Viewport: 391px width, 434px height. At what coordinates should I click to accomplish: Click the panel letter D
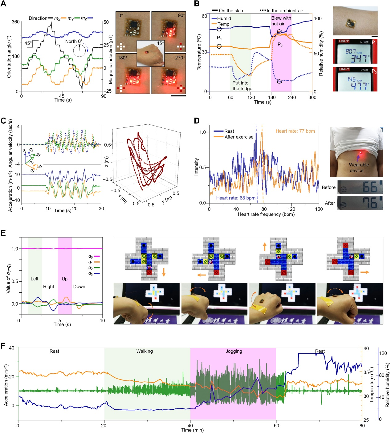click(197, 120)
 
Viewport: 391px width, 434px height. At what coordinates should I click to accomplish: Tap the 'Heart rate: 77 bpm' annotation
click(295, 131)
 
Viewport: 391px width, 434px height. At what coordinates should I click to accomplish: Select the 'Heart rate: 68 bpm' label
click(236, 198)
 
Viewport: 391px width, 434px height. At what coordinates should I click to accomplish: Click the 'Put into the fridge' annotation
click(242, 86)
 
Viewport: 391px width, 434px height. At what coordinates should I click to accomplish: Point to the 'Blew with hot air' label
click(281, 21)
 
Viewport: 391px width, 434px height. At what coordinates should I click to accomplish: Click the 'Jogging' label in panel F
click(234, 351)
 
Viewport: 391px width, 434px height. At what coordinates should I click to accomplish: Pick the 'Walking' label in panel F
click(145, 351)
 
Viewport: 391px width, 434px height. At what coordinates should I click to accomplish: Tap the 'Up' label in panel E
click(64, 279)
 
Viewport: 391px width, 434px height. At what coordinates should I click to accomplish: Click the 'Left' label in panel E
click(35, 279)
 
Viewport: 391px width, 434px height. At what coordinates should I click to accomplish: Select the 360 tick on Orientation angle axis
click(16, 22)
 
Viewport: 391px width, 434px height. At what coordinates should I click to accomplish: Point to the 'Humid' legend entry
click(224, 18)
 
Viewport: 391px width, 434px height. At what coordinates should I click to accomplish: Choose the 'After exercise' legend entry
click(239, 137)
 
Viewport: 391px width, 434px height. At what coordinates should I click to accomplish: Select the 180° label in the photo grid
click(122, 58)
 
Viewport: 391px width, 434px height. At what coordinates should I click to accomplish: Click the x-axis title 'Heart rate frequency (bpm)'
click(266, 214)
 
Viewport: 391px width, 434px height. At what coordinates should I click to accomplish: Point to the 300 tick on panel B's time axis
click(312, 98)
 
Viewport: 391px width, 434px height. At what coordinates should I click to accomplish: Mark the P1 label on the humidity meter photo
click(374, 43)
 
